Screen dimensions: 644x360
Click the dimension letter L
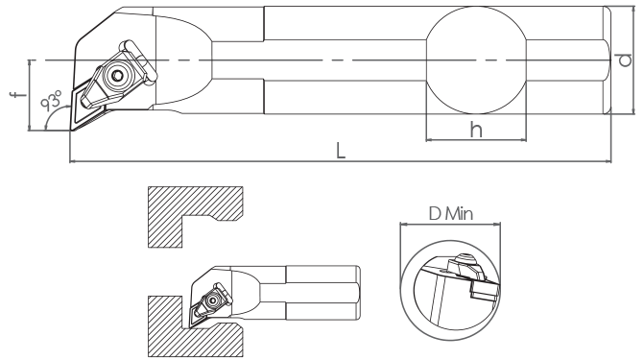coord(341,151)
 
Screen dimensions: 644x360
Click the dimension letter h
coord(476,130)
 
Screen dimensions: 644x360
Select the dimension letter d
coord(624,60)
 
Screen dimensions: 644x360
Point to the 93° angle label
coord(52,100)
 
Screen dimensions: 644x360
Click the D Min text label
coord(450,214)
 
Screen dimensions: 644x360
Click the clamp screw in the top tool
coord(117,76)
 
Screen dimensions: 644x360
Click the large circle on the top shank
coord(476,60)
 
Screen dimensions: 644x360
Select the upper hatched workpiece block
coord(195,217)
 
